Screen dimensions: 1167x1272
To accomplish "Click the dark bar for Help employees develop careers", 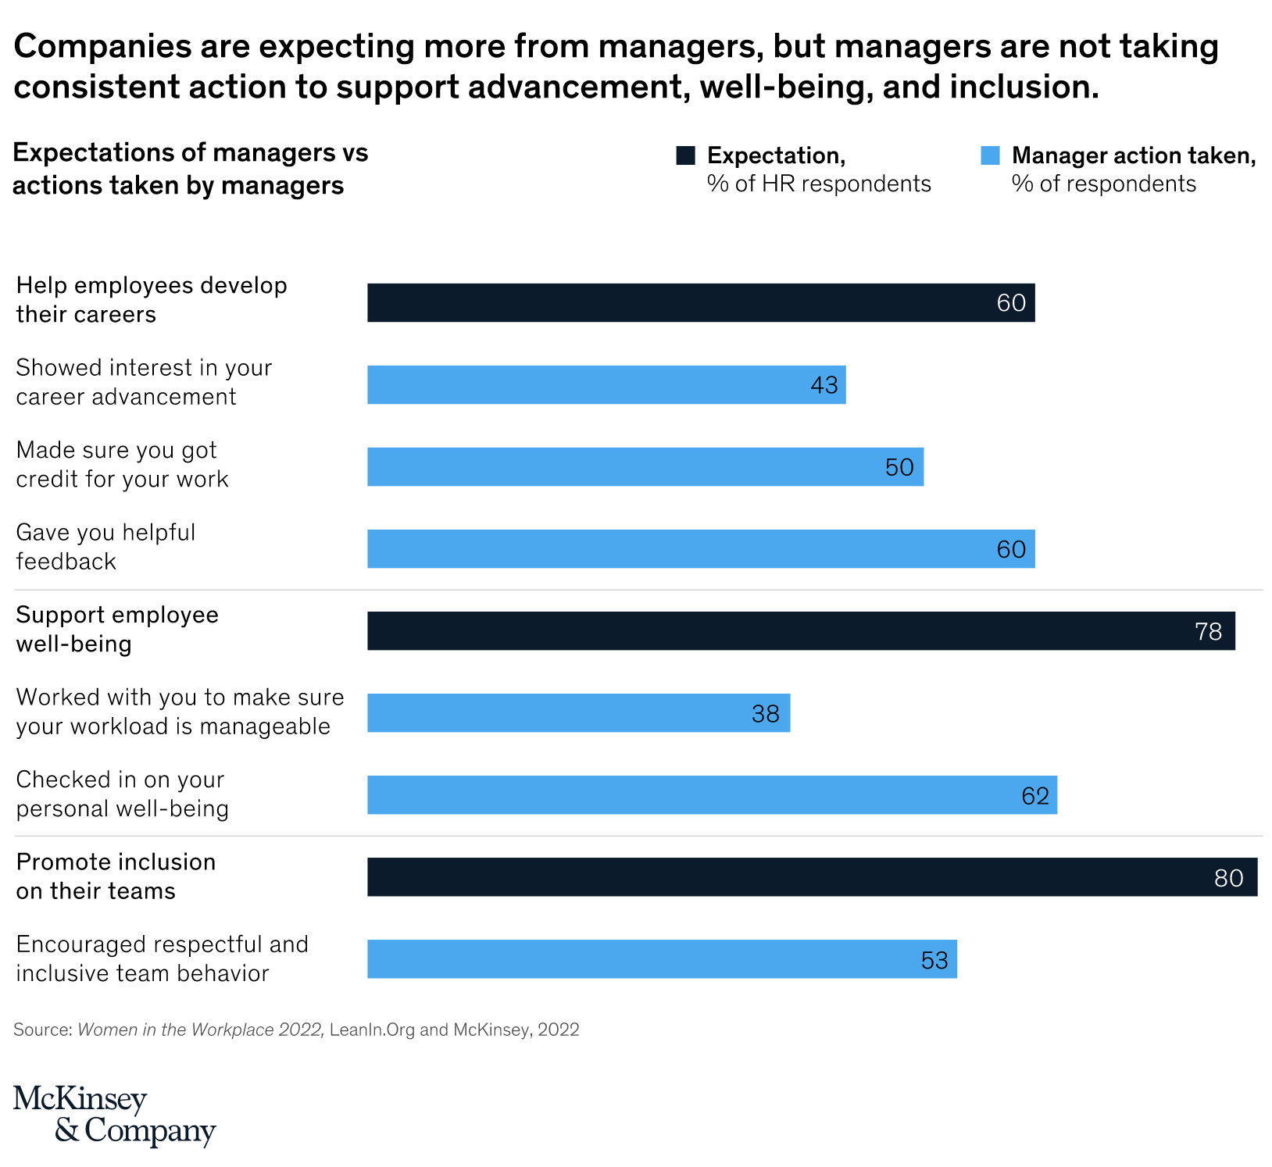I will pos(701,302).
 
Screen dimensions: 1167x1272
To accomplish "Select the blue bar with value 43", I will pos(606,384).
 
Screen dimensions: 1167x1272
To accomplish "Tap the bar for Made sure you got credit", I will pos(645,466).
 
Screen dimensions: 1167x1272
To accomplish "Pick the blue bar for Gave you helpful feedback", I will pos(701,548).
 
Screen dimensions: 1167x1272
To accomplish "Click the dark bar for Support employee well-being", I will pos(801,630).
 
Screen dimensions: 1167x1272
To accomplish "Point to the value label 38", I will pos(766,713).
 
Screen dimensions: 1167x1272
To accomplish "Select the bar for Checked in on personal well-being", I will pos(712,795).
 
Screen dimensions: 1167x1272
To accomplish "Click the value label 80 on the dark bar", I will pos(1228,878).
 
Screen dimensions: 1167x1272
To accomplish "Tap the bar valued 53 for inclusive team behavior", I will pos(662,959).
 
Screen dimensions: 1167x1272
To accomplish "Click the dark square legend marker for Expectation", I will pos(686,155).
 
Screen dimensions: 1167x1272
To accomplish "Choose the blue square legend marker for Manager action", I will pos(990,155).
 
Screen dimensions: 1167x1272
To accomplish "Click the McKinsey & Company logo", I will pos(114,1115).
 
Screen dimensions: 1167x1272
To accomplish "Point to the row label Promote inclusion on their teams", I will pos(116,876).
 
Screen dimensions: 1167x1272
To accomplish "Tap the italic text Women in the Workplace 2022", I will pos(200,1030).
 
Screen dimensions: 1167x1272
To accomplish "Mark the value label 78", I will pos(1208,631).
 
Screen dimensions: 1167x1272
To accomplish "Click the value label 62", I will pos(1035,795).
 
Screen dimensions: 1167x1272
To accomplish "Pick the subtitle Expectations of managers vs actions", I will pos(190,169).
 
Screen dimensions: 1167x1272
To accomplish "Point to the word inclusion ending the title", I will pos(1024,87).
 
